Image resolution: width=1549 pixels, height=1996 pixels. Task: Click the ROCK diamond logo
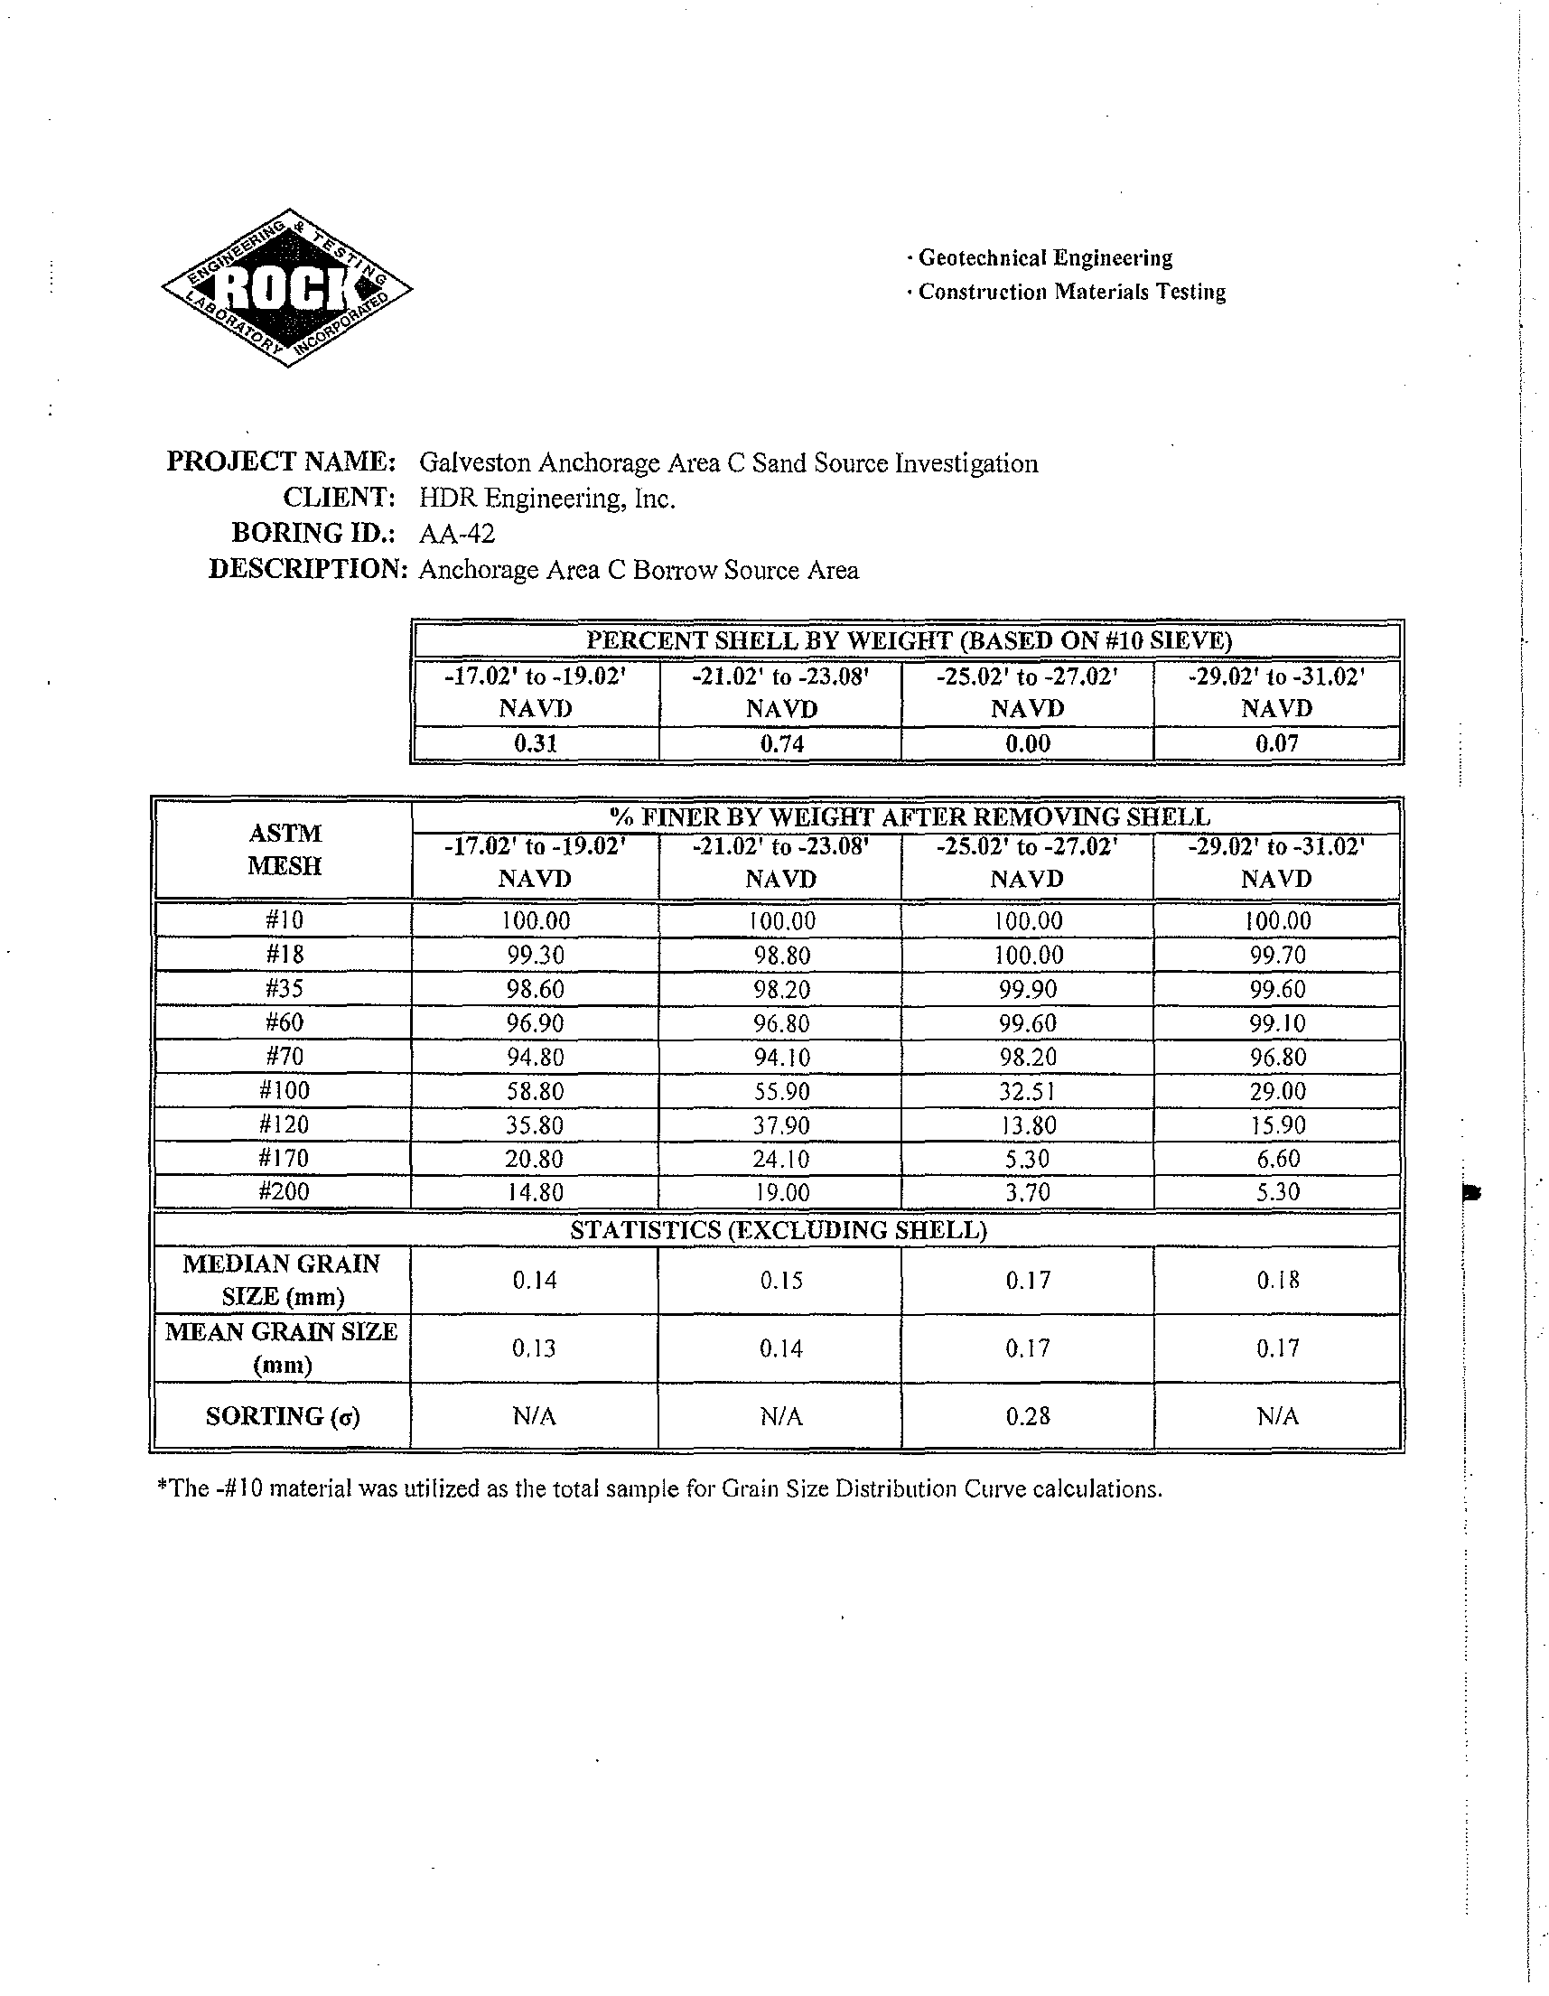287,288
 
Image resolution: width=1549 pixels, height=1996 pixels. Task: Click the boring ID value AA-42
457,534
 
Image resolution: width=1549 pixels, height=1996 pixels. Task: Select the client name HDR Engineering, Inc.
546,499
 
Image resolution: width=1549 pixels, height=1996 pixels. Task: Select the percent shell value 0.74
781,744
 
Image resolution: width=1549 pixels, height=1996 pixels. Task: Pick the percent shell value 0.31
536,744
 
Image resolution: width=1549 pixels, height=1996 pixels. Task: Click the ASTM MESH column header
285,850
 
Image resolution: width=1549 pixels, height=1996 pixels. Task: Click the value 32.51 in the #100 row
1028,1091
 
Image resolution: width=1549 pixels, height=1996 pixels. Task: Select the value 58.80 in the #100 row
536,1091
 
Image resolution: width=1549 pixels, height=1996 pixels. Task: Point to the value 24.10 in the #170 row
781,1159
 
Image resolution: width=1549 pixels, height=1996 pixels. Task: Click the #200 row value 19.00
781,1193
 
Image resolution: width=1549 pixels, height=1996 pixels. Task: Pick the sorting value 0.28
1028,1416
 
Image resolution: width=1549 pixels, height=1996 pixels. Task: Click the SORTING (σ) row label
283,1416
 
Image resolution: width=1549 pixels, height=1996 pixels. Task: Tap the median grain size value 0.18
1276,1281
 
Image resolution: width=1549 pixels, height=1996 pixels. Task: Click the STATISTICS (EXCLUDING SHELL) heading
779,1230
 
